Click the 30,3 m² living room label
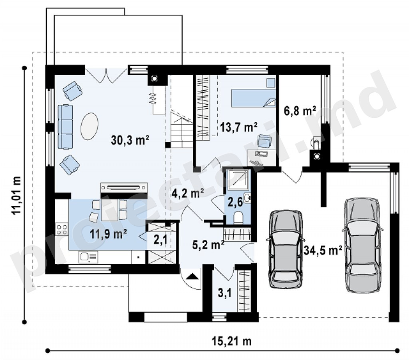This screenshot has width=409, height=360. point(130,140)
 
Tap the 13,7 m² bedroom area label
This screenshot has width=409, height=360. point(239,127)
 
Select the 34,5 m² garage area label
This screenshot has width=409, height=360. point(323,251)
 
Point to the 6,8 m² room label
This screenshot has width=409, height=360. point(300,111)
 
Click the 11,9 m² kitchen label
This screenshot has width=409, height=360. point(108,234)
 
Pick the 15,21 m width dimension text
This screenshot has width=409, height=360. point(232,341)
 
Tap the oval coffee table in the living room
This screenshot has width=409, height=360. point(89,126)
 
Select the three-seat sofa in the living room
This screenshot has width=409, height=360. point(65,127)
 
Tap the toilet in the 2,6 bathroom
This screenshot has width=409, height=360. point(238,217)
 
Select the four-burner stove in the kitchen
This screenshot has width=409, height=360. point(62,229)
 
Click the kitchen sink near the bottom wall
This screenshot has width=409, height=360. point(88,257)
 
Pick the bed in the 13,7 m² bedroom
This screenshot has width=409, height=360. point(254,98)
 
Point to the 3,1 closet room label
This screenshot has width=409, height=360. point(224,293)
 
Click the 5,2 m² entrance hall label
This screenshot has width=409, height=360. point(208,245)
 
